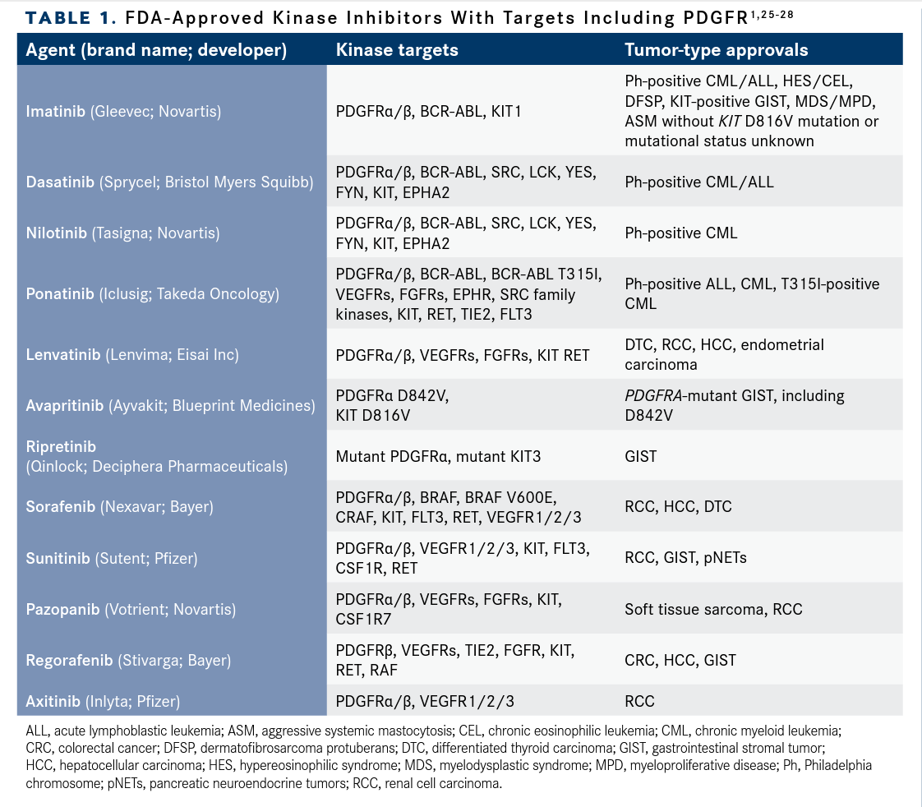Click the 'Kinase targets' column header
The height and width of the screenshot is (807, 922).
397,50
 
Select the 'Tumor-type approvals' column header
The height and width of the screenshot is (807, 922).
716,50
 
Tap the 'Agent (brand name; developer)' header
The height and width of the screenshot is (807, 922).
156,50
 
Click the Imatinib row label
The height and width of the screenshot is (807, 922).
123,111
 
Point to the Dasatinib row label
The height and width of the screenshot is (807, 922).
170,182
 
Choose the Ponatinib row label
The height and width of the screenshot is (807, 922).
152,294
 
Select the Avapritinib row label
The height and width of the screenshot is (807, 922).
170,406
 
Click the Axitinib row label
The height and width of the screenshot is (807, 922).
103,701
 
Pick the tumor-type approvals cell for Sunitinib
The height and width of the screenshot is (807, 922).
685,558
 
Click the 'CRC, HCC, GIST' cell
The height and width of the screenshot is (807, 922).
680,660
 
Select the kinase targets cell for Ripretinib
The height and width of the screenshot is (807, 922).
438,456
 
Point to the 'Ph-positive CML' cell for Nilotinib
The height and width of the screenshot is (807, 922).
680,233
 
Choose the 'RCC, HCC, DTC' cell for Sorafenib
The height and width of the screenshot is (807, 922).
678,507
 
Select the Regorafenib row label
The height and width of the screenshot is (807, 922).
128,660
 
